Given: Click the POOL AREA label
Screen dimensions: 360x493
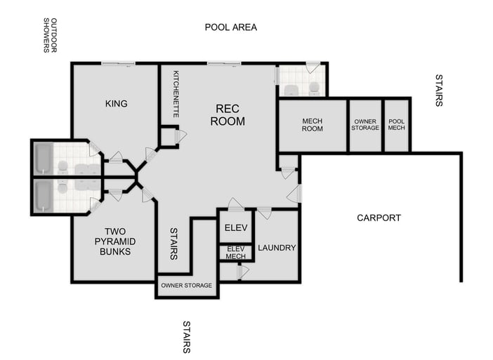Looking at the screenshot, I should click(230, 27).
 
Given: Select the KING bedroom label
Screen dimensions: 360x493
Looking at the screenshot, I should click(116, 104).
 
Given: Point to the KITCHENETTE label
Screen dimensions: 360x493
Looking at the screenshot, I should click(176, 94).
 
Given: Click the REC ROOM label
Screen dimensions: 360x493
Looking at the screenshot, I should click(230, 115).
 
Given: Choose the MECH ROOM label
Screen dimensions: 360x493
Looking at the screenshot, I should click(313, 125).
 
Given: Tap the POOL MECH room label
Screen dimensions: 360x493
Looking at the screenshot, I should click(397, 125).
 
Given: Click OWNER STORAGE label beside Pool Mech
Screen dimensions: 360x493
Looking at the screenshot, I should click(365, 125).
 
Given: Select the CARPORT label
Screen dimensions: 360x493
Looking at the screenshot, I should click(379, 218).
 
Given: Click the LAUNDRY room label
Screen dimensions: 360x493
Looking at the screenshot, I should click(277, 248).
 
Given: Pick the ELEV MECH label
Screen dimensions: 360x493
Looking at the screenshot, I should click(235, 253).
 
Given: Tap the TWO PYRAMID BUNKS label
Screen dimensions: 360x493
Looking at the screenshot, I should click(114, 241).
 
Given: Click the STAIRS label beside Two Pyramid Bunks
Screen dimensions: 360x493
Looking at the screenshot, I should click(173, 242).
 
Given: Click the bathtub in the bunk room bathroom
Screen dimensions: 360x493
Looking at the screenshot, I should click(43, 196).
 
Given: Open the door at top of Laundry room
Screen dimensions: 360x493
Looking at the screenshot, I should click(264, 212).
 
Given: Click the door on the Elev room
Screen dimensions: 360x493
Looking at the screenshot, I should click(235, 206).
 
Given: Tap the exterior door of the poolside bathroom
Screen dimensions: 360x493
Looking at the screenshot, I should click(313, 67).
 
